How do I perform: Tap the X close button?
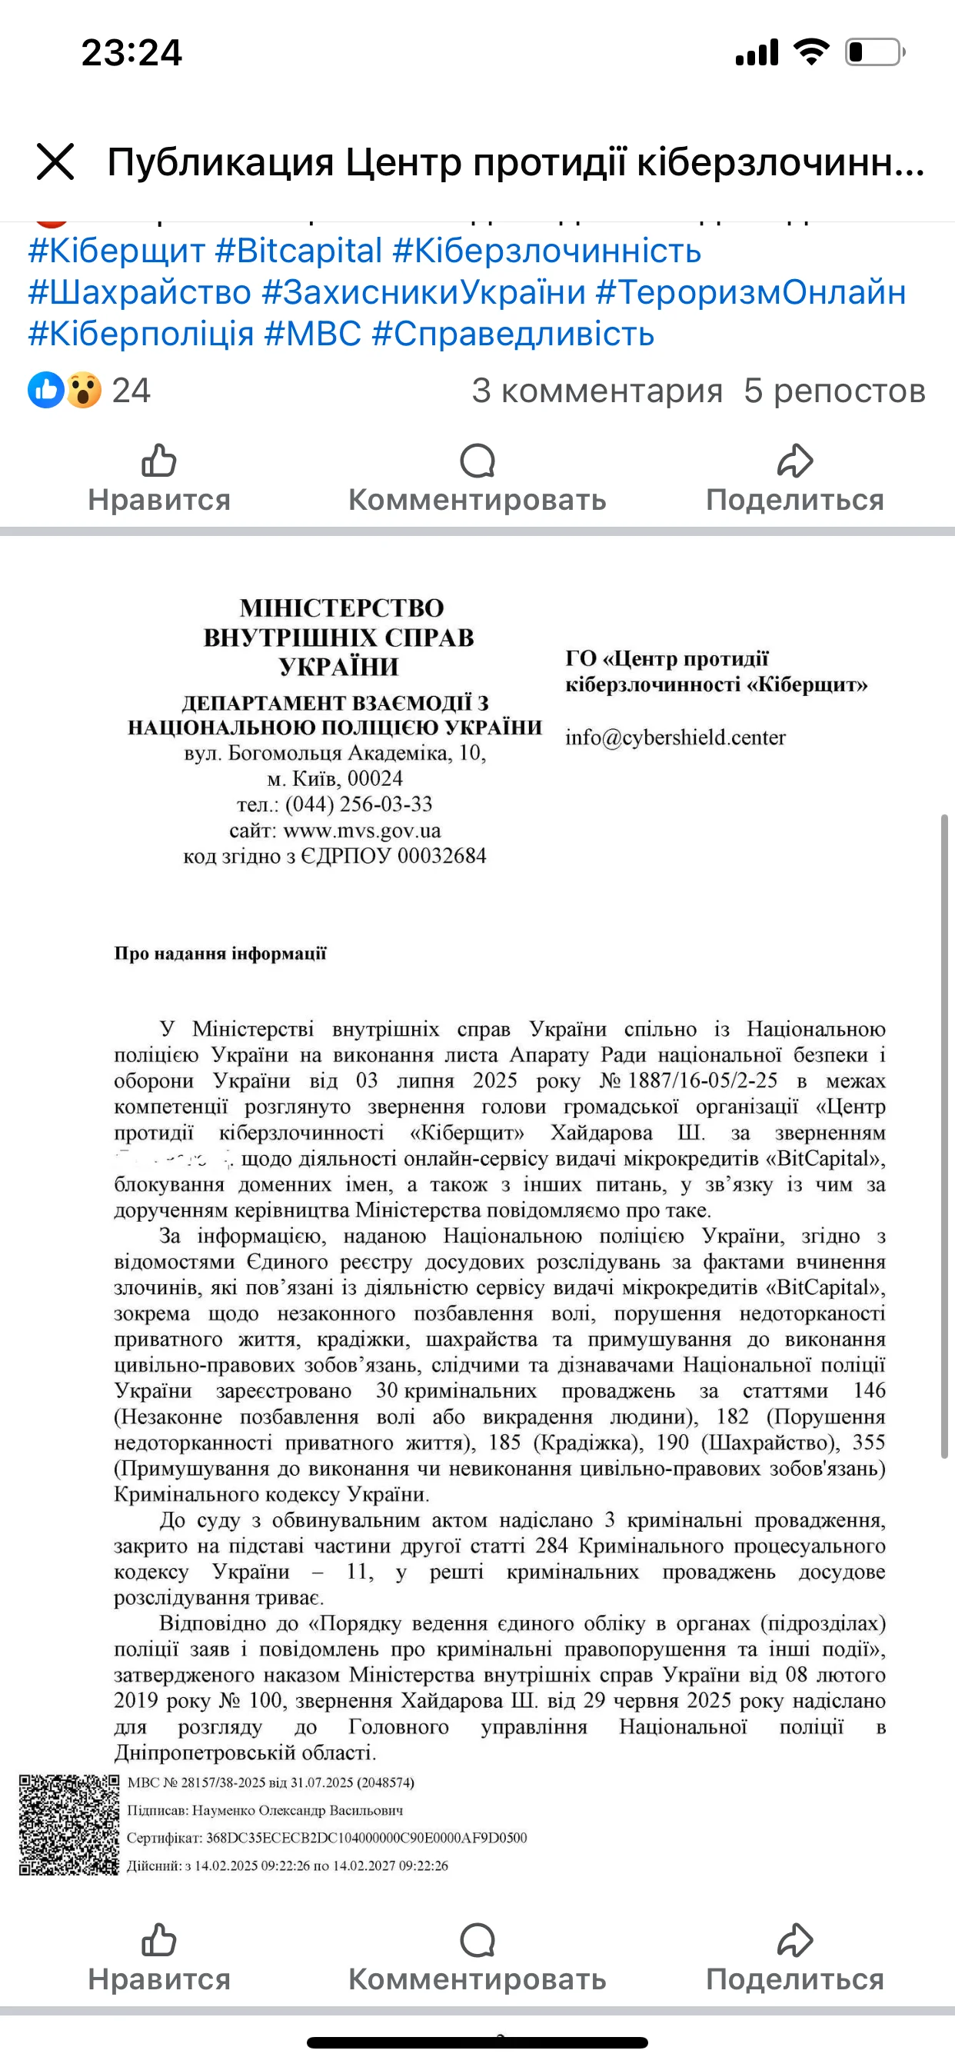tap(55, 162)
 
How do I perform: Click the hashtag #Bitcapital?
tap(298, 251)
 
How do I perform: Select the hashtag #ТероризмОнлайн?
tap(750, 293)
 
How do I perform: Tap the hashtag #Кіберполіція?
tap(141, 334)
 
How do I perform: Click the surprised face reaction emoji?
tap(84, 391)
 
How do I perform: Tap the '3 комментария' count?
tap(597, 391)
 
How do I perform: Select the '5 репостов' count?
tap(834, 391)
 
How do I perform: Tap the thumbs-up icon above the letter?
tap(159, 461)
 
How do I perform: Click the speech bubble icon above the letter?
tap(477, 461)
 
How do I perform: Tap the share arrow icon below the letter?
tap(794, 1941)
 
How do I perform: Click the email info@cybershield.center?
tap(675, 737)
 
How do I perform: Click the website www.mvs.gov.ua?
tap(362, 830)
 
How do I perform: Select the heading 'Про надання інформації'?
tap(220, 954)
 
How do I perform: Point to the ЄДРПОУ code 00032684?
tap(441, 856)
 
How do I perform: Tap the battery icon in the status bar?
tap(874, 53)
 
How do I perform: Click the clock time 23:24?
tap(131, 53)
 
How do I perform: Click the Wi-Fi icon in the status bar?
tap(811, 52)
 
